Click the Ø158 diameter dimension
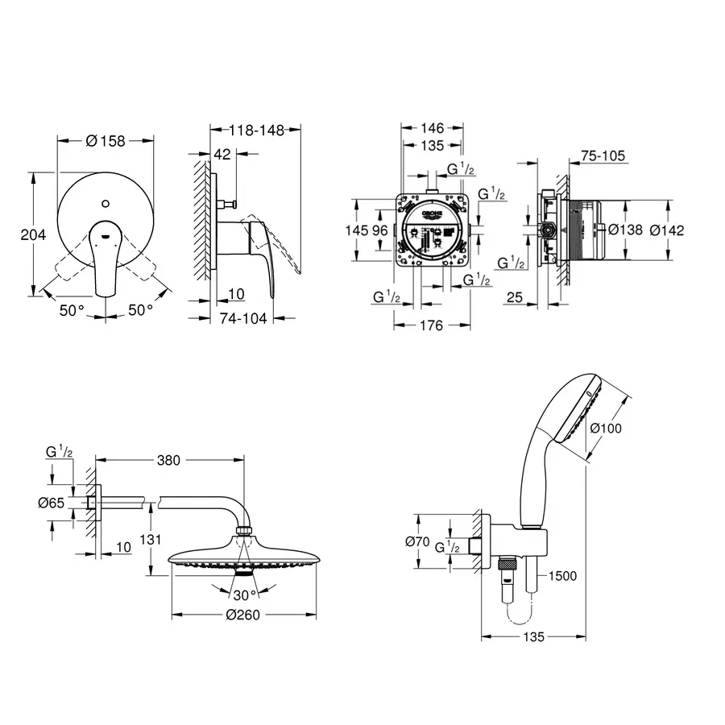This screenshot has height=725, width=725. point(106,141)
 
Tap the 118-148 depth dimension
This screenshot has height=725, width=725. point(255,130)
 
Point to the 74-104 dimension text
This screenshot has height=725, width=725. point(243,318)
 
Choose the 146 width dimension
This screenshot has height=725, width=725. point(433,128)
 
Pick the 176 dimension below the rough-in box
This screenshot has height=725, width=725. point(432,326)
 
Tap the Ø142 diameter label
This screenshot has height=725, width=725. point(667,230)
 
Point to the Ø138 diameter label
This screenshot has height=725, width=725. point(625,230)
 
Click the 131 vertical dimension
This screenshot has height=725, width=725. point(150,539)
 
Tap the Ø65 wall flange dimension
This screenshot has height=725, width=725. point(52,503)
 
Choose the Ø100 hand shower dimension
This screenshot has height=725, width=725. point(606,429)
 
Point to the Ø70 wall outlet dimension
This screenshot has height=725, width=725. point(416,542)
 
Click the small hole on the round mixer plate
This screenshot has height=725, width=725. point(106,197)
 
